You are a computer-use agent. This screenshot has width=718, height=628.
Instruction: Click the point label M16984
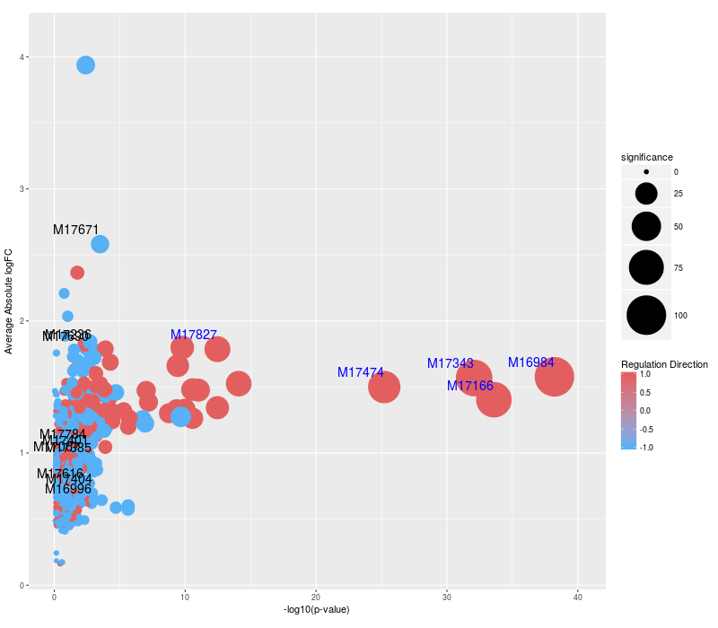coord(531,362)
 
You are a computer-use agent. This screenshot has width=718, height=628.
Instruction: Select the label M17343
coord(451,363)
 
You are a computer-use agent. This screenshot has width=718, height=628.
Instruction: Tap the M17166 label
coord(470,386)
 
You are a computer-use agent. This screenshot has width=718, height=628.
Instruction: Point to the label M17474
coord(361,372)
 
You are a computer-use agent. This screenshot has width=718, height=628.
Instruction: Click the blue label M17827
coord(194,335)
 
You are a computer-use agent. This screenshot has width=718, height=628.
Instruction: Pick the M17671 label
coord(75,230)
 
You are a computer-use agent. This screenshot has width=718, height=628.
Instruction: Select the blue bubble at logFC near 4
coord(86,65)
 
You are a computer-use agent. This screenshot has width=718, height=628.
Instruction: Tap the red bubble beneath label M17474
coord(384,388)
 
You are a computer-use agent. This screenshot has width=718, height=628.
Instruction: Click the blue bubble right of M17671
coord(100,244)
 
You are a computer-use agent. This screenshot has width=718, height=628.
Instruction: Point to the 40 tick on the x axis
coord(578,596)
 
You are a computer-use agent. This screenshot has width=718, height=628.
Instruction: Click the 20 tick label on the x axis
coord(316,596)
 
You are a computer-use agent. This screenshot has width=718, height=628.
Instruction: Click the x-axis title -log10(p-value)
coord(316,610)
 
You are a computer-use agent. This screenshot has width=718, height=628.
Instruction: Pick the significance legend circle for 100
coord(646,316)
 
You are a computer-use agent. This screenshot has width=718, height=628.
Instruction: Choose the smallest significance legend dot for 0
coord(646,171)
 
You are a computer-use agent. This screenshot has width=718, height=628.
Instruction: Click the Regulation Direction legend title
coord(664,364)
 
